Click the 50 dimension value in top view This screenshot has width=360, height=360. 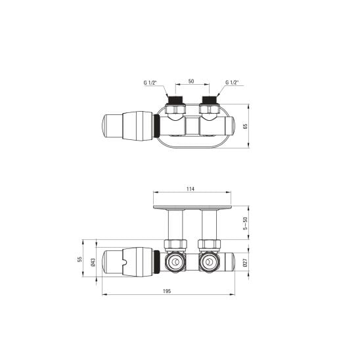[x=191, y=81]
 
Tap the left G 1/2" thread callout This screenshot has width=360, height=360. [x=150, y=83]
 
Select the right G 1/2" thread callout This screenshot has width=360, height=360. [x=232, y=82]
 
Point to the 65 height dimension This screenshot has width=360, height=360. [x=246, y=126]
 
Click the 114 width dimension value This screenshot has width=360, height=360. [x=191, y=189]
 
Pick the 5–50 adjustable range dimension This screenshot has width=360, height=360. [x=246, y=223]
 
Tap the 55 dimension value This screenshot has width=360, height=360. [x=79, y=259]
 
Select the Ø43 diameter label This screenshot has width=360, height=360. [x=93, y=262]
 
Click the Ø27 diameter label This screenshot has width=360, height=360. [x=245, y=262]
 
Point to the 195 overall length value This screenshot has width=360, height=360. [x=167, y=291]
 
